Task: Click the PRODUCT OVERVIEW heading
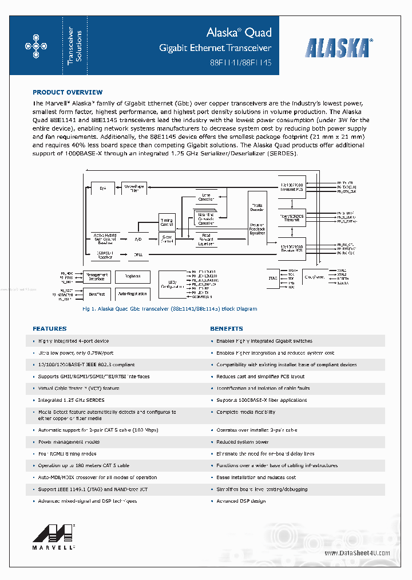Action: click(68, 92)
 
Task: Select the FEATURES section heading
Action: click(50, 329)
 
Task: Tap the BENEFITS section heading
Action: click(227, 329)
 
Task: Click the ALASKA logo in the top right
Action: click(339, 47)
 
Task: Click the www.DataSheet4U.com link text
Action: click(357, 553)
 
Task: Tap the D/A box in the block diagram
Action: click(103, 188)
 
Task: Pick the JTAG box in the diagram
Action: click(273, 278)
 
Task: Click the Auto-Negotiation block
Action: click(133, 294)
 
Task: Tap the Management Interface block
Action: click(97, 276)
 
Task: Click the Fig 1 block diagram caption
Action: click(170, 309)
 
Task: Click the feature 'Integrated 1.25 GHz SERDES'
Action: click(72, 400)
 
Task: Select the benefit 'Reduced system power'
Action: click(243, 442)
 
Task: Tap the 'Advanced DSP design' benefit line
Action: click(241, 501)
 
